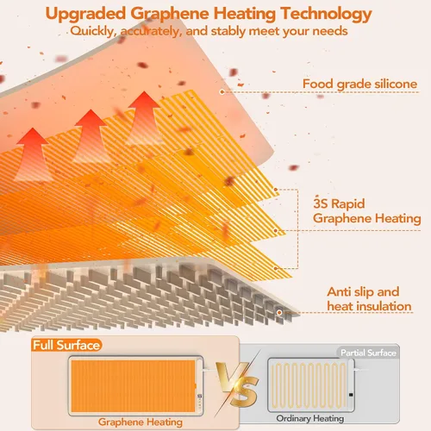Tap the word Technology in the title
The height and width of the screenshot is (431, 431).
click(326, 14)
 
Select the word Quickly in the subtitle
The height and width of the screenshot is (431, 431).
click(93, 31)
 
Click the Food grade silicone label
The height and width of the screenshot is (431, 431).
click(359, 84)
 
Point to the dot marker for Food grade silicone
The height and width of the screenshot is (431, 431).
click(222, 92)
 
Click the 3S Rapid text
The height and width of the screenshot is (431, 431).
click(339, 203)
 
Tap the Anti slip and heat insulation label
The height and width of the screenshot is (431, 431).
click(369, 299)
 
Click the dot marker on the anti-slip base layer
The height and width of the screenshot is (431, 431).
click(279, 312)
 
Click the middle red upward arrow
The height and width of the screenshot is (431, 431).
click(91, 135)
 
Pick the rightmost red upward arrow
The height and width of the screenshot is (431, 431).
click(144, 117)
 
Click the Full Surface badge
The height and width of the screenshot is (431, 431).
click(66, 345)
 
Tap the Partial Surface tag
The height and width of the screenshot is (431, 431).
click(368, 353)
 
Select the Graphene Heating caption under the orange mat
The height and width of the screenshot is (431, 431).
click(141, 422)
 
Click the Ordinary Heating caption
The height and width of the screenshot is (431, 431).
click(310, 418)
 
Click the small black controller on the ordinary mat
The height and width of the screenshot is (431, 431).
click(351, 395)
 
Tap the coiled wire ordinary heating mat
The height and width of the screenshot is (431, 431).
click(311, 384)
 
